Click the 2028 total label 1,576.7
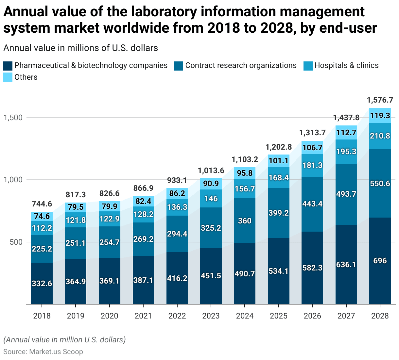[380, 100]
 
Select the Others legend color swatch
[8, 77]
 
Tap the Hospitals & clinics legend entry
[346, 65]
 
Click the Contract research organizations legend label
[241, 65]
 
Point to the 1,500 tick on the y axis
[13, 118]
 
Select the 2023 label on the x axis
[211, 316]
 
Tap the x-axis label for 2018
[42, 316]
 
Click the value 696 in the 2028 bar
[380, 261]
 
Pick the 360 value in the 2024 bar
[245, 221]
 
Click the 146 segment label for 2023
[211, 198]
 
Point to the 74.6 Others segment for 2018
[42, 216]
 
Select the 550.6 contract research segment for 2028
[380, 184]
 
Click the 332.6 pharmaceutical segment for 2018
[42, 283]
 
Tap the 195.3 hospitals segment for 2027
[346, 152]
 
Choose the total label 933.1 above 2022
[177, 180]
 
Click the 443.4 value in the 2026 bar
[312, 204]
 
